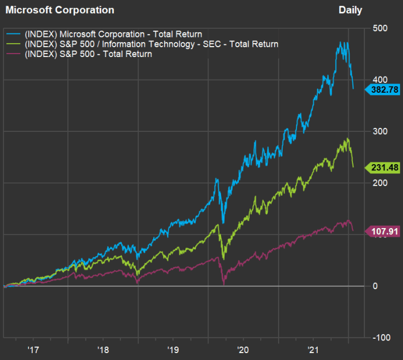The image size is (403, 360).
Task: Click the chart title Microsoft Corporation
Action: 59,10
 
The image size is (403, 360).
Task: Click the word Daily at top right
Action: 351,10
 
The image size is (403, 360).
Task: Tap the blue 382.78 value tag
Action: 382,89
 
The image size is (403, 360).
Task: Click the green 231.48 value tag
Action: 382,167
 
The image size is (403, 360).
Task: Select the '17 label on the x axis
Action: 33,349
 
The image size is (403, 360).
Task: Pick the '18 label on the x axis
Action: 103,349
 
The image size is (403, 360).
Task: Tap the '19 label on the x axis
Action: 173,349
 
